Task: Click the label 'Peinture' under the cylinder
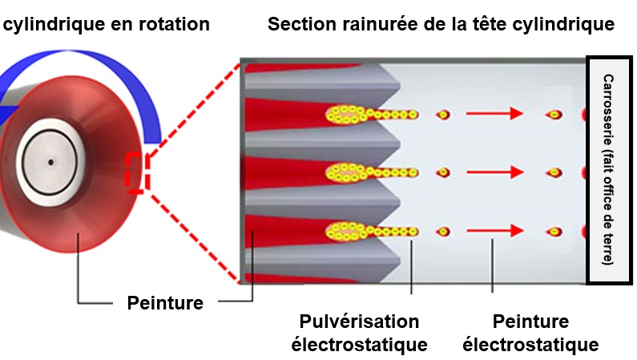click(x=165, y=303)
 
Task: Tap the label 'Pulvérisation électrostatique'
click(x=359, y=333)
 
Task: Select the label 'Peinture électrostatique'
click(x=531, y=333)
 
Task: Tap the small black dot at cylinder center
click(x=50, y=162)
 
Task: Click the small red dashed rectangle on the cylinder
click(x=134, y=172)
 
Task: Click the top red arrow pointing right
click(x=494, y=115)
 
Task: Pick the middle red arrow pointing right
click(x=494, y=172)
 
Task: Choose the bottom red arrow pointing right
click(x=494, y=232)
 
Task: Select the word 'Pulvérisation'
click(x=359, y=322)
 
